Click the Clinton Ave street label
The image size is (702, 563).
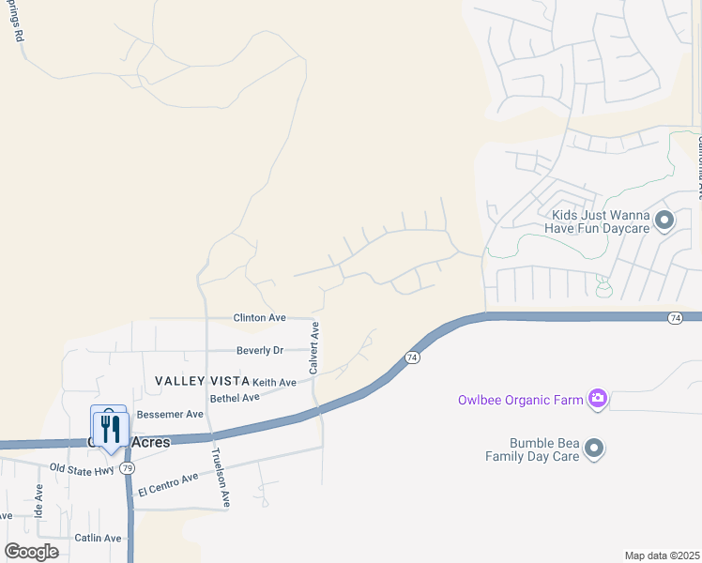point(259,318)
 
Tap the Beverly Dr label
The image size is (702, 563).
point(259,350)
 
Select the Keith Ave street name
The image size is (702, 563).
point(274,383)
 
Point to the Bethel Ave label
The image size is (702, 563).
point(234,398)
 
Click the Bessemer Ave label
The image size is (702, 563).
point(170,414)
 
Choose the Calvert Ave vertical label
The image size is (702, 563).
point(315,348)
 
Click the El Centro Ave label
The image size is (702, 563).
point(168,485)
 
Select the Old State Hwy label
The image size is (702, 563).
point(82,467)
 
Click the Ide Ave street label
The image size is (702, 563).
point(38,501)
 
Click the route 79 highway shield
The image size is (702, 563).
point(128,467)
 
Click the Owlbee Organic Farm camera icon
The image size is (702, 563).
point(597,400)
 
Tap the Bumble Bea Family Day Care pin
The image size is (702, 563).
point(593,449)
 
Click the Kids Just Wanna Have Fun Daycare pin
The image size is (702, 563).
point(664,221)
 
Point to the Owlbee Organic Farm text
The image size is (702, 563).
point(519,400)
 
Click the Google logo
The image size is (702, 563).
point(32,551)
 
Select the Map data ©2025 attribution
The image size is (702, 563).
point(662,555)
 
